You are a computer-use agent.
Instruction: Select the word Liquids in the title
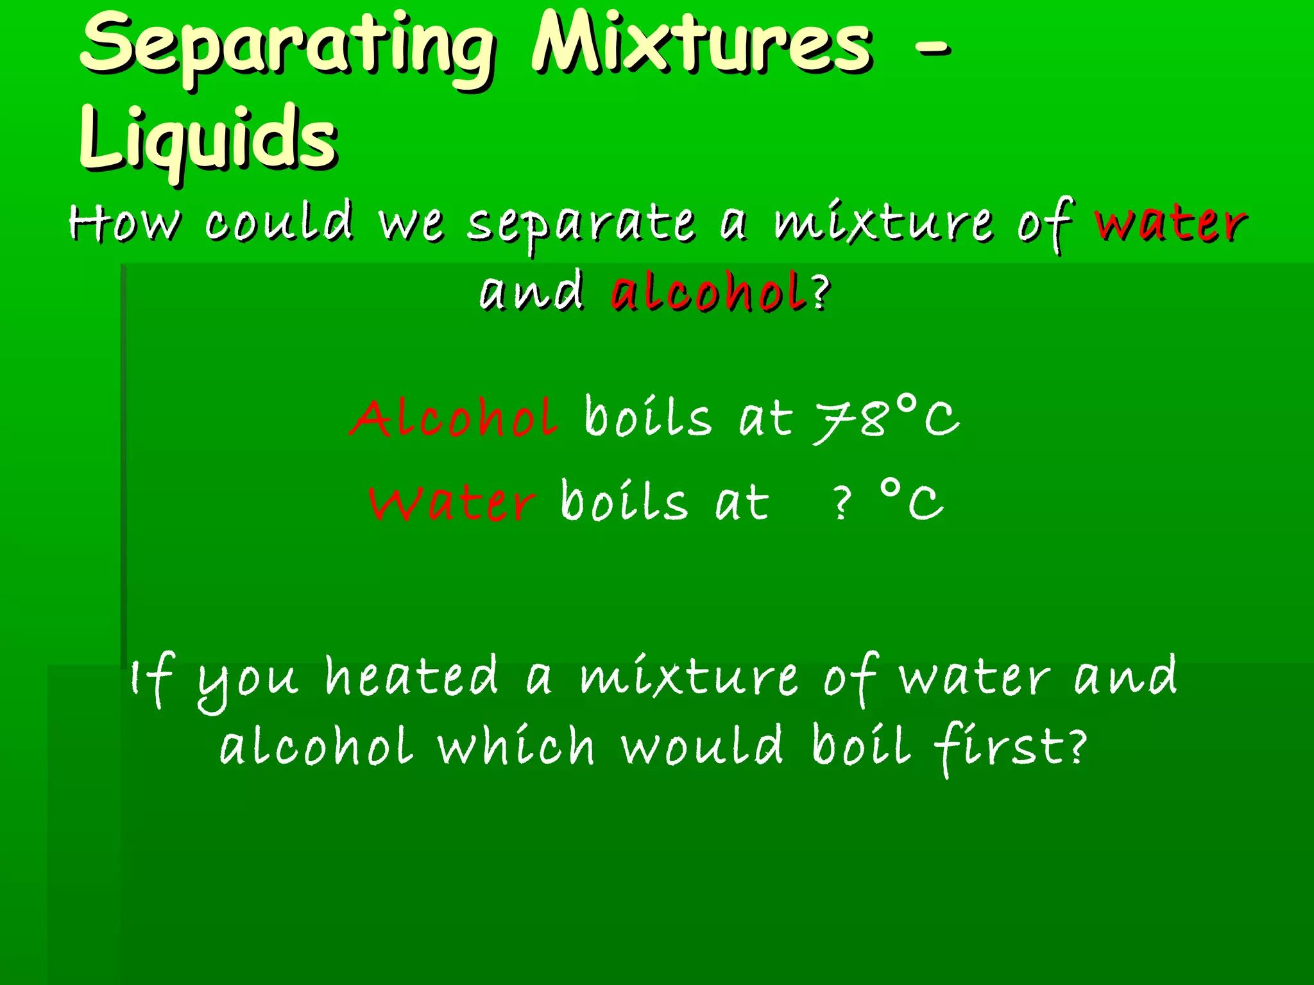click(208, 139)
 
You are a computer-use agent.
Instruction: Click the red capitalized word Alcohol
click(454, 418)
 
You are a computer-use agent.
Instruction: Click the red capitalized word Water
click(451, 502)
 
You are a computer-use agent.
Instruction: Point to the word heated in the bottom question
click(411, 677)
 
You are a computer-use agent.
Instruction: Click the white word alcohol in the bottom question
click(316, 747)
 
